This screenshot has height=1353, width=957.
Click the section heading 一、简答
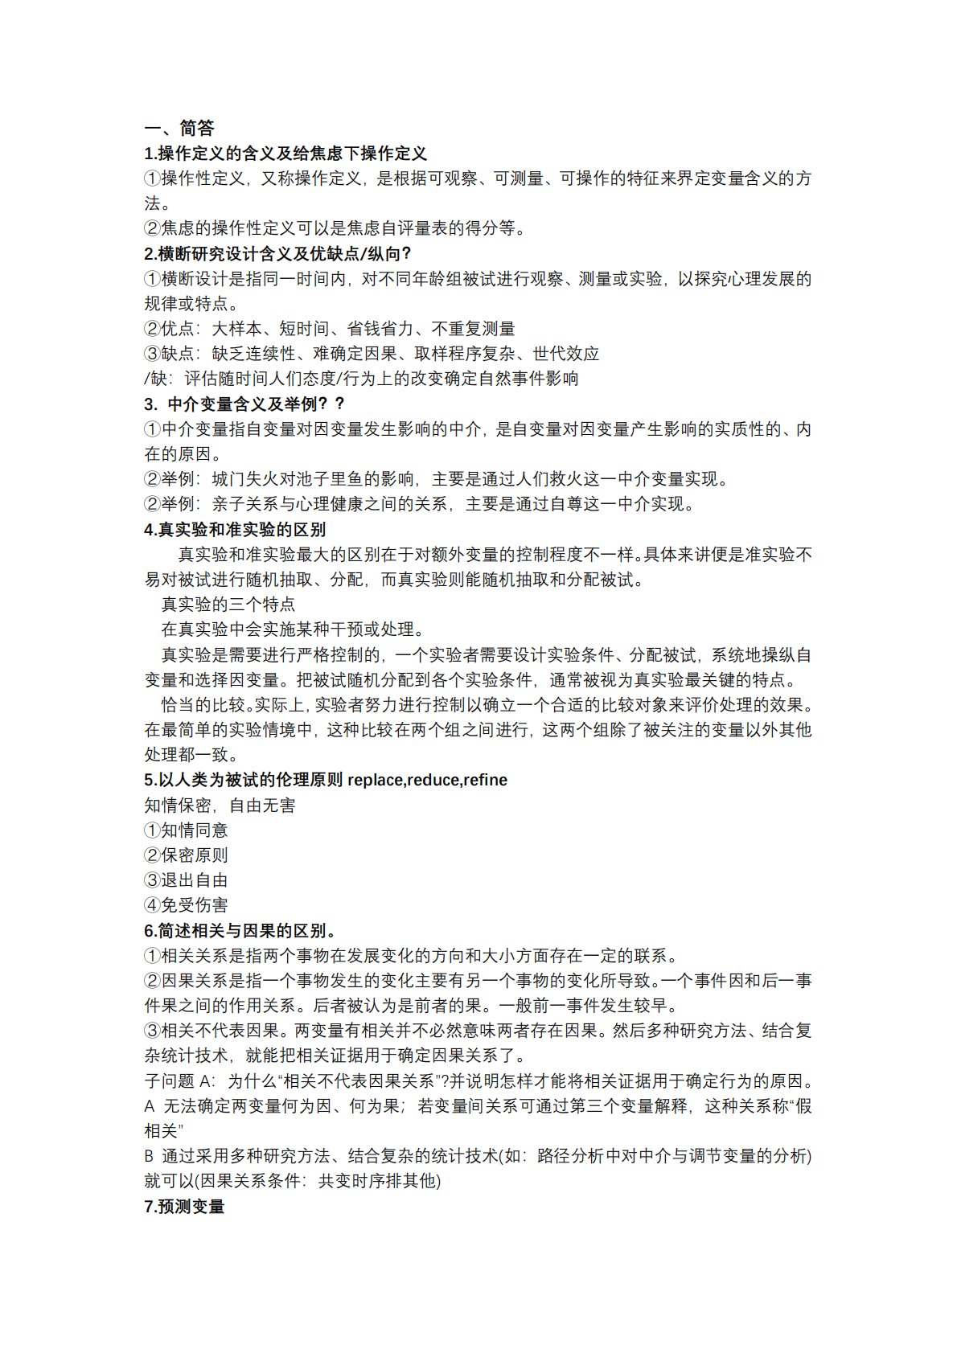click(179, 129)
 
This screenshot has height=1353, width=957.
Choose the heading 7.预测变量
click(184, 1206)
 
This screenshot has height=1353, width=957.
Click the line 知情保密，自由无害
click(220, 805)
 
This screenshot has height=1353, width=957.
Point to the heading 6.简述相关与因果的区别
click(240, 930)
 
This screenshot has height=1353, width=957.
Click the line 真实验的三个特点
click(228, 604)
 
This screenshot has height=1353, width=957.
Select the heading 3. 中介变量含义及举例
click(244, 404)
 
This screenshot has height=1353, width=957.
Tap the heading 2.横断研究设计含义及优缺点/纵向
click(277, 254)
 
